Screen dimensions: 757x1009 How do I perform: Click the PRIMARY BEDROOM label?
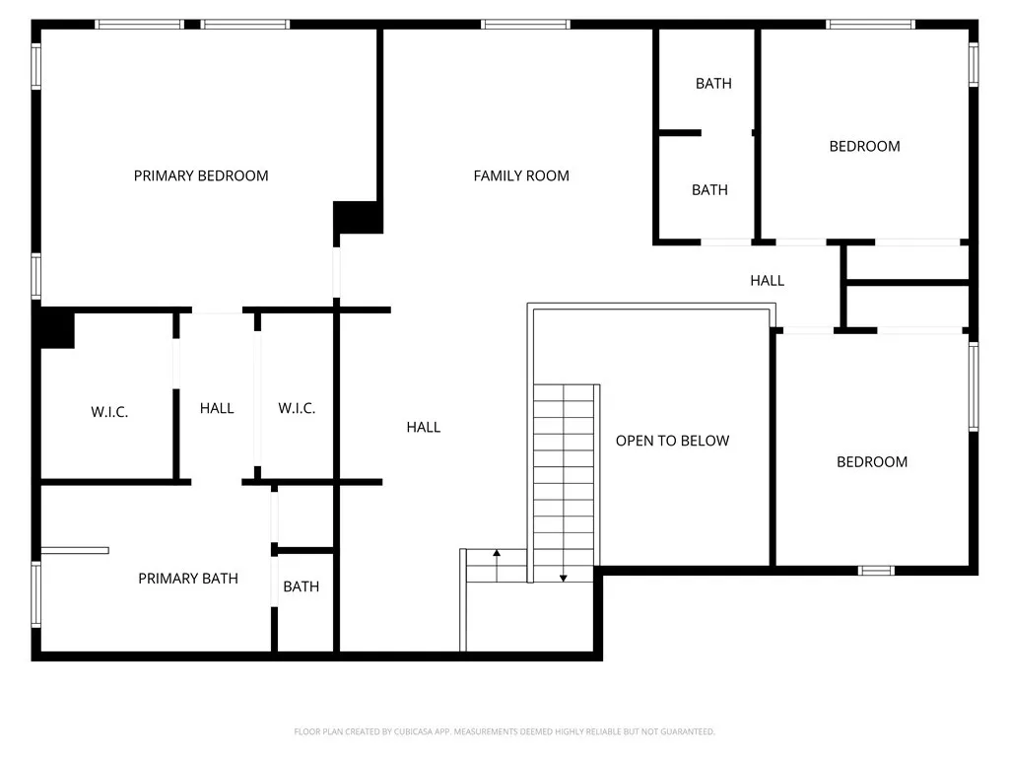click(201, 176)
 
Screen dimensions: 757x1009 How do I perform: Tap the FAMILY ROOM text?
click(521, 176)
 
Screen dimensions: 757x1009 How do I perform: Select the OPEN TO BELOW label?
click(672, 441)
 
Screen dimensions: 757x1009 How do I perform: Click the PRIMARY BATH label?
click(188, 579)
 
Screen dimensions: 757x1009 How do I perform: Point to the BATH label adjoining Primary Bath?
click(302, 586)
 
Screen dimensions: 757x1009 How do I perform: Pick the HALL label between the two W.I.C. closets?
click(217, 408)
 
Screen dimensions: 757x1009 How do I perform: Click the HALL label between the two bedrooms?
click(767, 281)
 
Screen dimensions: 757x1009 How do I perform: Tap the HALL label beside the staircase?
click(424, 427)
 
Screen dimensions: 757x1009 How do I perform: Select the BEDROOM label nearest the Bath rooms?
click(864, 147)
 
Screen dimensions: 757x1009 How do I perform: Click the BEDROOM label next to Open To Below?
click(872, 462)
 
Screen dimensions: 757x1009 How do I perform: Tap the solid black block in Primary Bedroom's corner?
click(358, 217)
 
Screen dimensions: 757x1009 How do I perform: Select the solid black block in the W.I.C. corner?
click(56, 328)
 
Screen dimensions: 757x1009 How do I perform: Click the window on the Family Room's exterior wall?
click(525, 24)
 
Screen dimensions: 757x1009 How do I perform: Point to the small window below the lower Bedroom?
click(876, 570)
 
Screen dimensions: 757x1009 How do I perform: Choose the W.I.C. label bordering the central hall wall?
click(297, 408)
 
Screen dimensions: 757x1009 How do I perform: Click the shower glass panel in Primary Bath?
click(75, 550)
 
